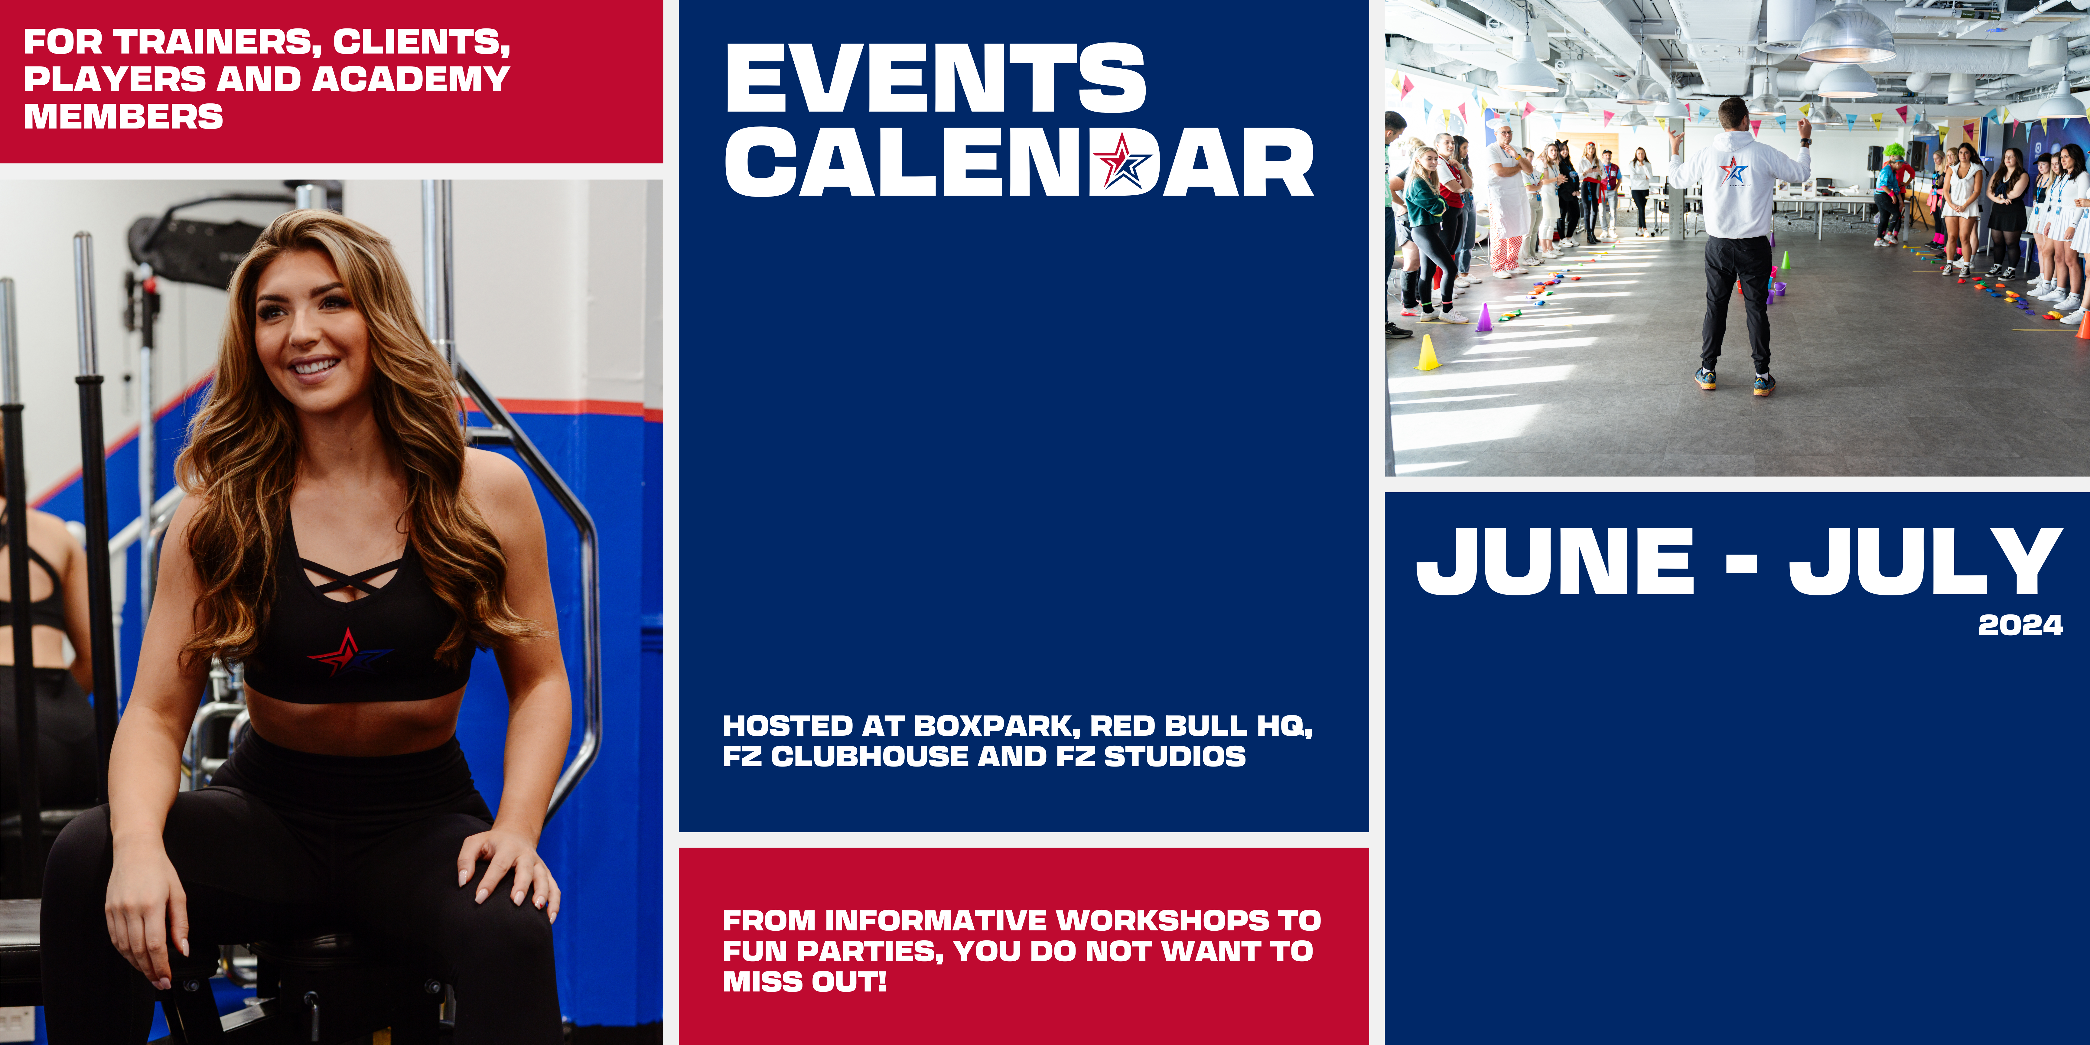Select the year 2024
tap(2020, 625)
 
